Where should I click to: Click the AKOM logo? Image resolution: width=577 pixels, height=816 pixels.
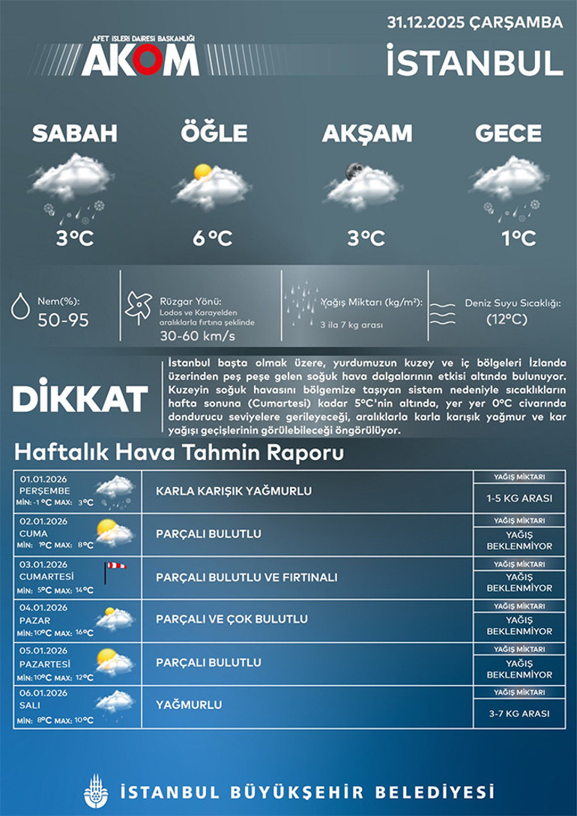tap(140, 57)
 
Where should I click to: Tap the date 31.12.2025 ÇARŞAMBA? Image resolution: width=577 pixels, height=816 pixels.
tap(474, 22)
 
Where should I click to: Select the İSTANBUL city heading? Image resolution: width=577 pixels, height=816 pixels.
tap(474, 62)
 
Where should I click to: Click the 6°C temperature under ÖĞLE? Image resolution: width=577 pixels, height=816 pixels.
tap(212, 238)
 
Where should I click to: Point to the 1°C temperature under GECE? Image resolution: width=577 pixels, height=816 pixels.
tap(519, 238)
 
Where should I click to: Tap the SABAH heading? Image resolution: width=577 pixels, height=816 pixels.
tap(74, 133)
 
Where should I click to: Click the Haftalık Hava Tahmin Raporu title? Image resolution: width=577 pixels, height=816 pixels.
tap(179, 453)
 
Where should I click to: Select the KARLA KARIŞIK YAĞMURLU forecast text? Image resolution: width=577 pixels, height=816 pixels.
tap(234, 492)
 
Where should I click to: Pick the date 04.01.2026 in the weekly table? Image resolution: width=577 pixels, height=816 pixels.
tap(45, 608)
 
